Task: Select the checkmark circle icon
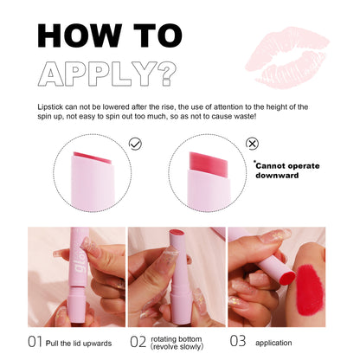[x=135, y=145]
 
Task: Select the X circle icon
[x=252, y=145]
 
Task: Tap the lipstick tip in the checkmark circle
[x=85, y=157]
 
